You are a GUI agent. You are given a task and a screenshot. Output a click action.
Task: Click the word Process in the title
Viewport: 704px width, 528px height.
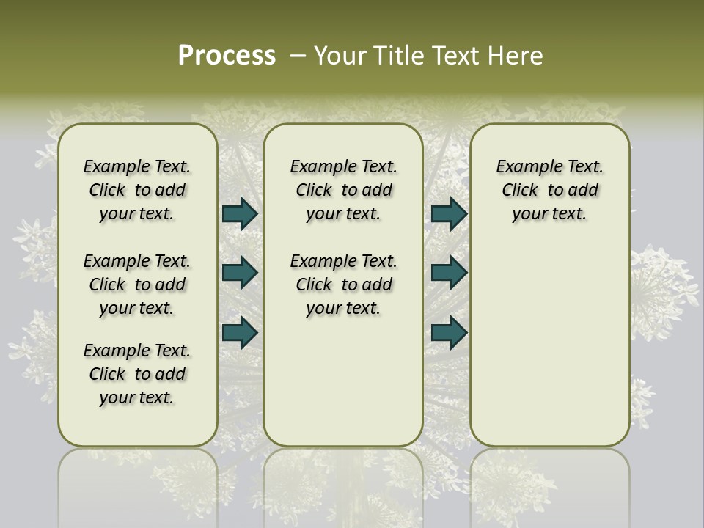tap(227, 56)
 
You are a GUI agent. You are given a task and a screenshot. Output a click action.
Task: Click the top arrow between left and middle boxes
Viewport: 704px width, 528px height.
tap(240, 213)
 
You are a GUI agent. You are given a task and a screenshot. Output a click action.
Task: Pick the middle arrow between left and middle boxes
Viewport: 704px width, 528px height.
tap(240, 273)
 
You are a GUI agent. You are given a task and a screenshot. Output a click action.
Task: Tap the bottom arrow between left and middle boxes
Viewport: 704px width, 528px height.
tap(240, 332)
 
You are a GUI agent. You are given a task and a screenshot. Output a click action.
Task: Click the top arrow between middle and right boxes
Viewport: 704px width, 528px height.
tap(449, 213)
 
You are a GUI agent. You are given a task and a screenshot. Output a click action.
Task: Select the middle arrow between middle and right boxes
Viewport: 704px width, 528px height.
tap(449, 273)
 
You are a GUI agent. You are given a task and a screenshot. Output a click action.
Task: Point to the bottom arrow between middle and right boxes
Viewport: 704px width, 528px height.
tap(449, 332)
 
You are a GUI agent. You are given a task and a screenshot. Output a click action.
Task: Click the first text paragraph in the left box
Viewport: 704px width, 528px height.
tap(137, 190)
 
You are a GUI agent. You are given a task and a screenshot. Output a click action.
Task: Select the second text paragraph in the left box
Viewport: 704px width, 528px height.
tap(137, 285)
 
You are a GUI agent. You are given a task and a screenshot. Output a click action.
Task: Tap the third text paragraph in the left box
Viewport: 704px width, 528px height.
tap(137, 374)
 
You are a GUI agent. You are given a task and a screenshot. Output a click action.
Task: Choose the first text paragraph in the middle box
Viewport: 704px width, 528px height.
tap(343, 190)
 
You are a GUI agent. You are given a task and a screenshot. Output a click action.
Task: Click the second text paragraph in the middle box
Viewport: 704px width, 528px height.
tap(343, 285)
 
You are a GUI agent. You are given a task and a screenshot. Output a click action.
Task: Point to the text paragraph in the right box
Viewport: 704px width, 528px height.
tap(549, 190)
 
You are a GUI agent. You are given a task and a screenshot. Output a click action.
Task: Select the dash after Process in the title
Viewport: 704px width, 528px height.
tap(298, 56)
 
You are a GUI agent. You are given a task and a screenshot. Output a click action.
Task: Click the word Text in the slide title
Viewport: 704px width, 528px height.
tap(455, 56)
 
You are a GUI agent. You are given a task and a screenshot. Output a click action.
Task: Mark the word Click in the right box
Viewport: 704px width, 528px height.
tap(520, 191)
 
